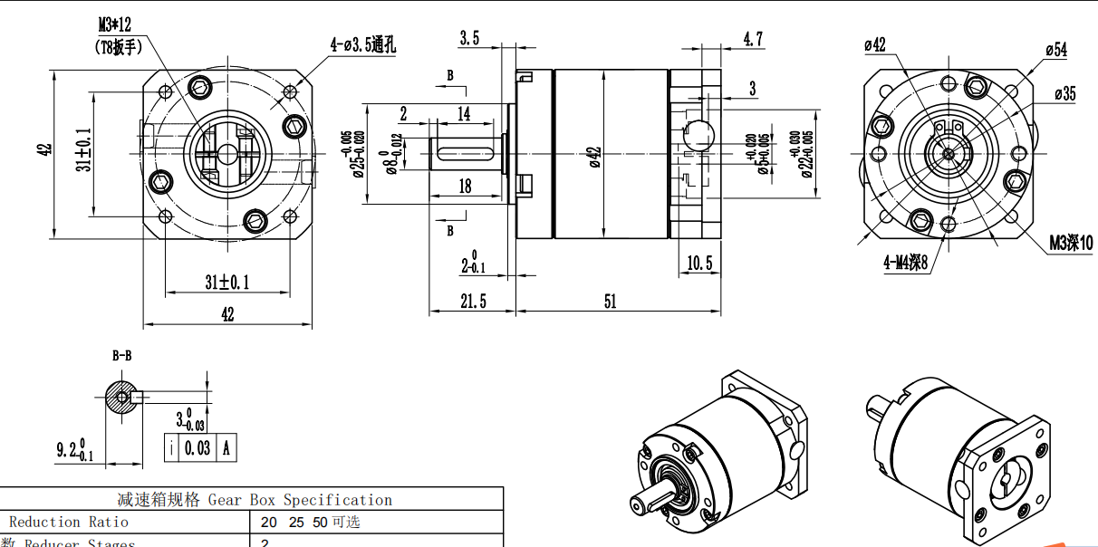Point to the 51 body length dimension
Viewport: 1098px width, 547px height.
(x=610, y=302)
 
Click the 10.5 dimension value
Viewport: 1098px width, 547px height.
(x=699, y=264)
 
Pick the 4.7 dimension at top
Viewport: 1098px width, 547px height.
(x=753, y=39)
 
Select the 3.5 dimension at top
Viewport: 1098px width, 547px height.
(x=469, y=38)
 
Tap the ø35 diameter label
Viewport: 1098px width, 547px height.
(x=1064, y=93)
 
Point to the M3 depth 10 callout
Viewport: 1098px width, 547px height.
(x=1070, y=243)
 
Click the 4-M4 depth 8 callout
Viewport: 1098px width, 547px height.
(x=906, y=264)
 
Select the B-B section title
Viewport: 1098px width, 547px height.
(x=122, y=356)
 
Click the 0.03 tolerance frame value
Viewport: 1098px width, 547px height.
(x=197, y=448)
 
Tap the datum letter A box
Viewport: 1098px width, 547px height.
(x=226, y=448)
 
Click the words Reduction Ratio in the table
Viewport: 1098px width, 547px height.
(x=69, y=522)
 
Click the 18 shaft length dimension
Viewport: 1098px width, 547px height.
(x=465, y=187)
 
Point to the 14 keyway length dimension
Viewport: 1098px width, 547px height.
(x=464, y=114)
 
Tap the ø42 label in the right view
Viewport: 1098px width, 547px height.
(x=875, y=44)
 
